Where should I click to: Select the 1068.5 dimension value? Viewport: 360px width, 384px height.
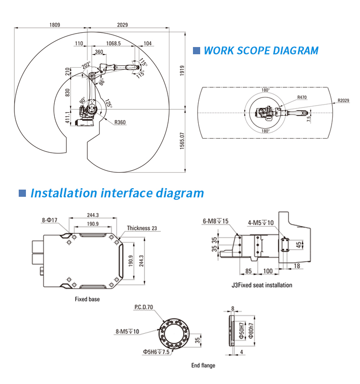point(113,43)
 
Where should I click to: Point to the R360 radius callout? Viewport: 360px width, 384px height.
point(120,122)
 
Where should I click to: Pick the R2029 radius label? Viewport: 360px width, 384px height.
point(344,100)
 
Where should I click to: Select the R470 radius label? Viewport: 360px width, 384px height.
point(302,97)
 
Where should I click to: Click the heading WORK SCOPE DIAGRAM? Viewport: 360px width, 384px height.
point(261,50)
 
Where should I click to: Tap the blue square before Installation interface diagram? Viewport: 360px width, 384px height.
point(22,193)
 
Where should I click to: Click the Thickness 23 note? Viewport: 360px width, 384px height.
point(143,228)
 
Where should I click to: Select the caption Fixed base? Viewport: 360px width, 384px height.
point(87,299)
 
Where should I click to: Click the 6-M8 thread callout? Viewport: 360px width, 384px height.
point(216,221)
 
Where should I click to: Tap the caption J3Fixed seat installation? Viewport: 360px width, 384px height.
point(262,285)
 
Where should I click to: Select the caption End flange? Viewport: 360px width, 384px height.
point(204,365)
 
